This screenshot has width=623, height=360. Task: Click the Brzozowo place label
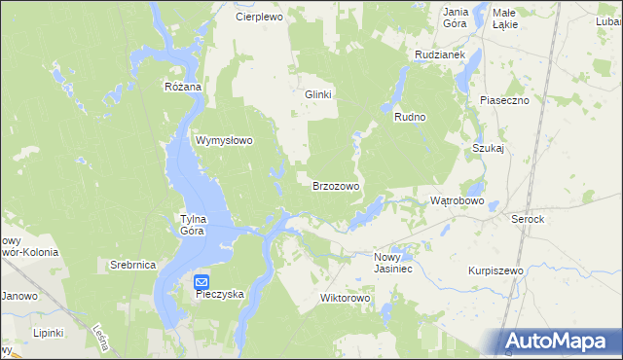click(x=336, y=185)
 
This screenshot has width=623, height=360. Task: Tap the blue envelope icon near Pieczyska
click(x=202, y=281)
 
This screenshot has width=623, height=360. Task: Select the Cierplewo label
click(x=259, y=17)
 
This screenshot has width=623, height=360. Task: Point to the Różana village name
click(x=183, y=87)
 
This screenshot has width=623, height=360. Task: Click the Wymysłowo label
click(x=225, y=140)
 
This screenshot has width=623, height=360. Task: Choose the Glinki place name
click(x=318, y=94)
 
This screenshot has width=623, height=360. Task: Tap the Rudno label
click(x=411, y=117)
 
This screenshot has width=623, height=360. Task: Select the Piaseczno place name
click(x=503, y=99)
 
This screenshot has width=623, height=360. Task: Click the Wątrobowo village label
click(x=457, y=200)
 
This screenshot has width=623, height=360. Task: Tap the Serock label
click(x=528, y=220)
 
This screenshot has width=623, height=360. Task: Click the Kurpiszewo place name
click(x=495, y=270)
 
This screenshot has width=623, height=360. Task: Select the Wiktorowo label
click(x=346, y=298)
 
